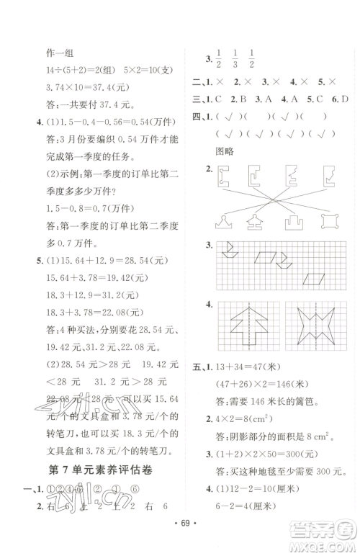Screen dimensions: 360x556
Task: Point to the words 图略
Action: [226, 152]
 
